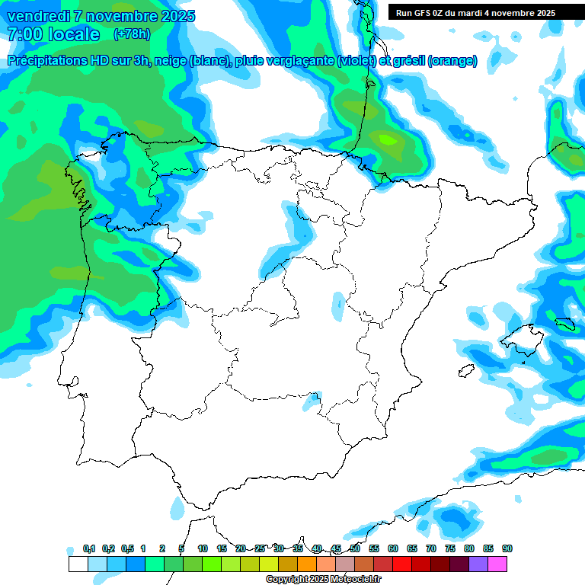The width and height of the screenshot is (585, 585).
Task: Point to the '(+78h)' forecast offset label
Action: [132, 34]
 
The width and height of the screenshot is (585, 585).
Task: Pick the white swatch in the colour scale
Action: [78, 564]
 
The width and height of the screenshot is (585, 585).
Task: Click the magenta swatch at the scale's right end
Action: [497, 564]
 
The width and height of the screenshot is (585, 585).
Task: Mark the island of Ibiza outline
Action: [466, 371]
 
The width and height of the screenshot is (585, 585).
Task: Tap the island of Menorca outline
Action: [564, 323]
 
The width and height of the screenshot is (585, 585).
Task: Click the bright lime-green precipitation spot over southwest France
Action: [387, 139]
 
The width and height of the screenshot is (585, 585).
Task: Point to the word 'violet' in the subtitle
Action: [354, 61]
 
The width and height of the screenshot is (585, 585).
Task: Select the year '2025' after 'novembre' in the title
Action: [176, 16]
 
